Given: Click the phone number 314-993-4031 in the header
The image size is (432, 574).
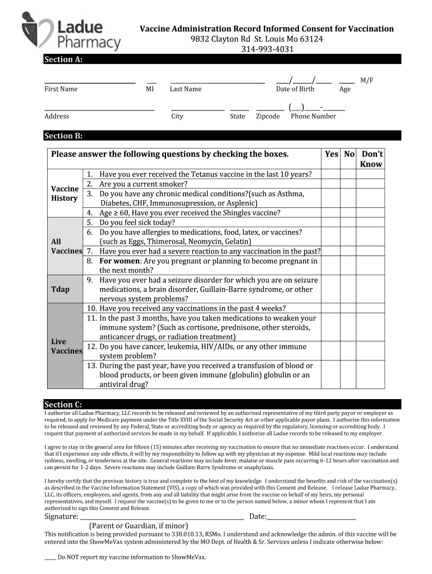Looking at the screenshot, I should tap(267, 49).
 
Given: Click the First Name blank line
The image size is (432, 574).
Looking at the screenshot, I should tap(90, 82).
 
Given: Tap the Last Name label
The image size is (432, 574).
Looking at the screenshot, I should tap(186, 89).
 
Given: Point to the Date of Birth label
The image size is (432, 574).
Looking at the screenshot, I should tap(295, 89).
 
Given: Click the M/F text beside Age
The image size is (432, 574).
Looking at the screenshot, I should tap(366, 81).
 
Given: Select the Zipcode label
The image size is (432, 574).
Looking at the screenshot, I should tap(268, 117).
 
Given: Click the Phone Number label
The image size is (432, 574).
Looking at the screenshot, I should tap(313, 117).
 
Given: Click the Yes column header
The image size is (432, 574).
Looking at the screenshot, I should tap(332, 154).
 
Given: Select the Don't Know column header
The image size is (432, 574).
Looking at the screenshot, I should tap(371, 159).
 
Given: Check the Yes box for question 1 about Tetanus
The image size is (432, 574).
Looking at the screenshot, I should tap(332, 174).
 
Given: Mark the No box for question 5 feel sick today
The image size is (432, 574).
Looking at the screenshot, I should tap(349, 222).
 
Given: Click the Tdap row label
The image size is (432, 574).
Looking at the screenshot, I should tap(61, 289).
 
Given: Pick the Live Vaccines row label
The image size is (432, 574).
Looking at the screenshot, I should tap(66, 346).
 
